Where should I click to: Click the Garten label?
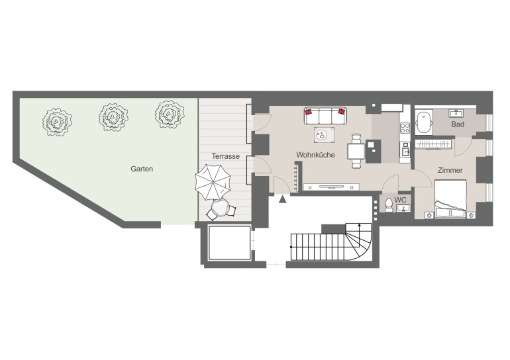pyautogui.click(x=142, y=169)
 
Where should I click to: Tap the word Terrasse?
pyautogui.click(x=225, y=156)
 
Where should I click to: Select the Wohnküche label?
pyautogui.click(x=315, y=155)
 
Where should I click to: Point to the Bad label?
pyautogui.click(x=457, y=124)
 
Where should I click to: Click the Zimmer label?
pyautogui.click(x=450, y=170)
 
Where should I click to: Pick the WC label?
pyautogui.click(x=400, y=200)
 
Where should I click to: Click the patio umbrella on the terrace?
pyautogui.click(x=213, y=182)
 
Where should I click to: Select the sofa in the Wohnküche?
pyautogui.click(x=325, y=116)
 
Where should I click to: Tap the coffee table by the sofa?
pyautogui.click(x=325, y=135)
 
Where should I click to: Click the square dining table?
pyautogui.click(x=356, y=152)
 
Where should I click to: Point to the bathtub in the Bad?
pyautogui.click(x=424, y=122)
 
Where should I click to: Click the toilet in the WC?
pyautogui.click(x=388, y=204)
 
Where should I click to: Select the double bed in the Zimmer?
pyautogui.click(x=450, y=199)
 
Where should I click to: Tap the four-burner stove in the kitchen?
pyautogui.click(x=405, y=128)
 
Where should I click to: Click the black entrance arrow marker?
pyautogui.click(x=283, y=199)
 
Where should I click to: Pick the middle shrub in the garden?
pyautogui.click(x=113, y=117)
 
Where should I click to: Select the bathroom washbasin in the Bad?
pyautogui.click(x=456, y=113)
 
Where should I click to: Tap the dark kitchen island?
pyautogui.click(x=373, y=152)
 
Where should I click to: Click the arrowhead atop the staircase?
pyautogui.click(x=360, y=224)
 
